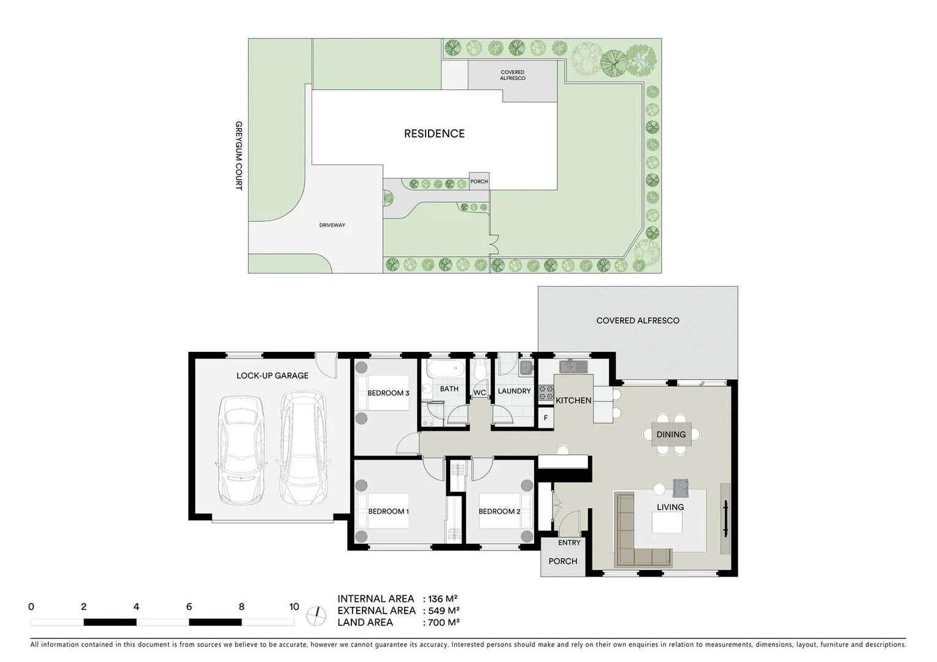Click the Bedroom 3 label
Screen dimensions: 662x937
[388, 393]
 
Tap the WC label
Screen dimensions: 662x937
[480, 393]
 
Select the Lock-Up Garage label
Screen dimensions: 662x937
[272, 376]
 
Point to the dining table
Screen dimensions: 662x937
[671, 434]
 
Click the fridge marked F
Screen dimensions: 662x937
[546, 419]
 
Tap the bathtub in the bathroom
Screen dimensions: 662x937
[443, 369]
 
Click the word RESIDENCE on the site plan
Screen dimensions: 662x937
[434, 134]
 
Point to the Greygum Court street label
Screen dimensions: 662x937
[239, 156]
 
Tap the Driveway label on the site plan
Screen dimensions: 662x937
[332, 225]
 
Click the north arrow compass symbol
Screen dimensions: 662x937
[316, 615]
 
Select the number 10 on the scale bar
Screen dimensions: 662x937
[294, 607]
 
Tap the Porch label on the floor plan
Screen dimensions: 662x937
[562, 561]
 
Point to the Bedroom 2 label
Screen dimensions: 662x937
[499, 511]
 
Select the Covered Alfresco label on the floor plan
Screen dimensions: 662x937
[638, 321]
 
